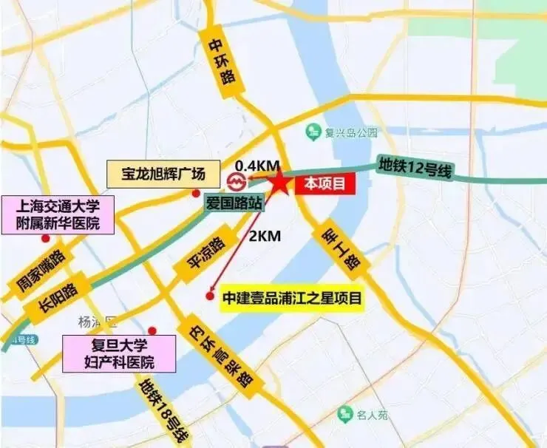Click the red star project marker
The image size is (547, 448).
pyautogui.click(x=279, y=182)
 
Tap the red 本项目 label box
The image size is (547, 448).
pyautogui.click(x=325, y=185)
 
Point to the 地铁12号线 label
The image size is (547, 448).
pyautogui.click(x=414, y=167)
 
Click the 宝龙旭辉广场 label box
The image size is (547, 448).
pyautogui.click(x=163, y=176)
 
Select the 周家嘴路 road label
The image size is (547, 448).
pyautogui.click(x=41, y=268)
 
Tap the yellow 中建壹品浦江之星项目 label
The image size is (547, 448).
pyautogui.click(x=292, y=299)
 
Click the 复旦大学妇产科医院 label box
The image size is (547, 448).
pyautogui.click(x=119, y=353)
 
